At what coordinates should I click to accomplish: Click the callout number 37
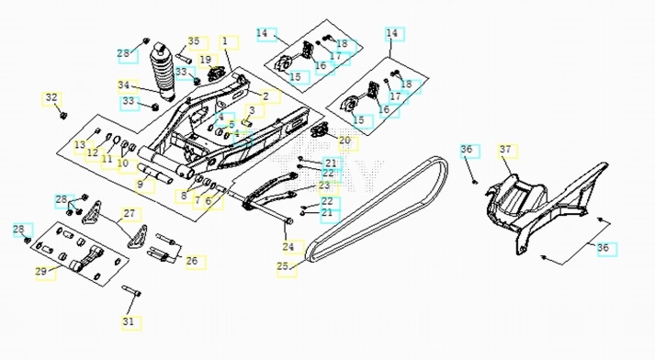pos(505,149)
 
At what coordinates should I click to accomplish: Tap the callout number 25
pos(283,266)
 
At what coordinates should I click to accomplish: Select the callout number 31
pos(129,321)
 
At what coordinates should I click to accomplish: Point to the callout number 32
pos(51,97)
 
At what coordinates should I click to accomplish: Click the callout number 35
pos(194,41)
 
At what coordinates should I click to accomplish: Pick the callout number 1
pos(225,41)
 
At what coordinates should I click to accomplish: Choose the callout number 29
pos(41,272)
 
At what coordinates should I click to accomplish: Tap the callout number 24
pos(288,247)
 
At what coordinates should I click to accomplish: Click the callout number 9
pos(141,185)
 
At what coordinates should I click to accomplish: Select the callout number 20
pos(344,141)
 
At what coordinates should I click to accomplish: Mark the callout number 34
pos(124,85)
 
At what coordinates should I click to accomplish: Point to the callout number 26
pos(192,261)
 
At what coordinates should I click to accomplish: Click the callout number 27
pos(130,213)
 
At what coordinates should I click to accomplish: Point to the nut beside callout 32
pos(63,115)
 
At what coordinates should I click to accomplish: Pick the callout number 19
pos(206,60)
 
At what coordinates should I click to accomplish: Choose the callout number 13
pos(80,145)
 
